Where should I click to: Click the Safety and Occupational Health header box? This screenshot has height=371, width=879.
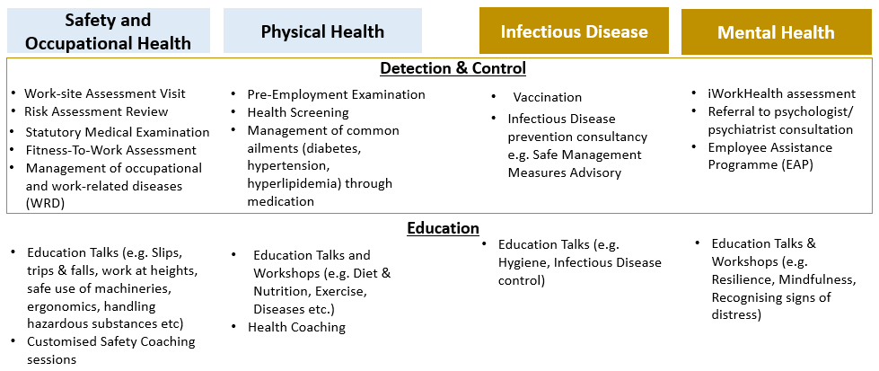109,31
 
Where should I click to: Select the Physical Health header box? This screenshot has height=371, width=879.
323,31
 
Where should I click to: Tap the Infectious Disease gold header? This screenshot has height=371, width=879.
574,31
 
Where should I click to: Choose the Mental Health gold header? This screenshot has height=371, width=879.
777,32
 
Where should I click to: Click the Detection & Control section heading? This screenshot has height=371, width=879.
453,68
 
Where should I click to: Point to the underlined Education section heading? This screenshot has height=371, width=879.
443,228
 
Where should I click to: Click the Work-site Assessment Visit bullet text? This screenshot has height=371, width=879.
105,93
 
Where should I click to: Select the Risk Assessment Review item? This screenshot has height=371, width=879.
96,111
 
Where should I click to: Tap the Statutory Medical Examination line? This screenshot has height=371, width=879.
118,132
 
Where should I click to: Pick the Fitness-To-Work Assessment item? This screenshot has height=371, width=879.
111,150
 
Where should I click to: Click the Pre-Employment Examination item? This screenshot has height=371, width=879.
337,94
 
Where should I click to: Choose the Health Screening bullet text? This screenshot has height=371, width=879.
298,112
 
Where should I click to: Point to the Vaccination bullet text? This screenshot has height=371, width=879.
548,97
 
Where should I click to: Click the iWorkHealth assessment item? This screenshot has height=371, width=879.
782,93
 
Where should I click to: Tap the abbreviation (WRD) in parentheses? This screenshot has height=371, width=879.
46,203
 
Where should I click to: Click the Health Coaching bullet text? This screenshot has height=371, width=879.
297,327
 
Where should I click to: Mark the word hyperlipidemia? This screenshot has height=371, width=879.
290,183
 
